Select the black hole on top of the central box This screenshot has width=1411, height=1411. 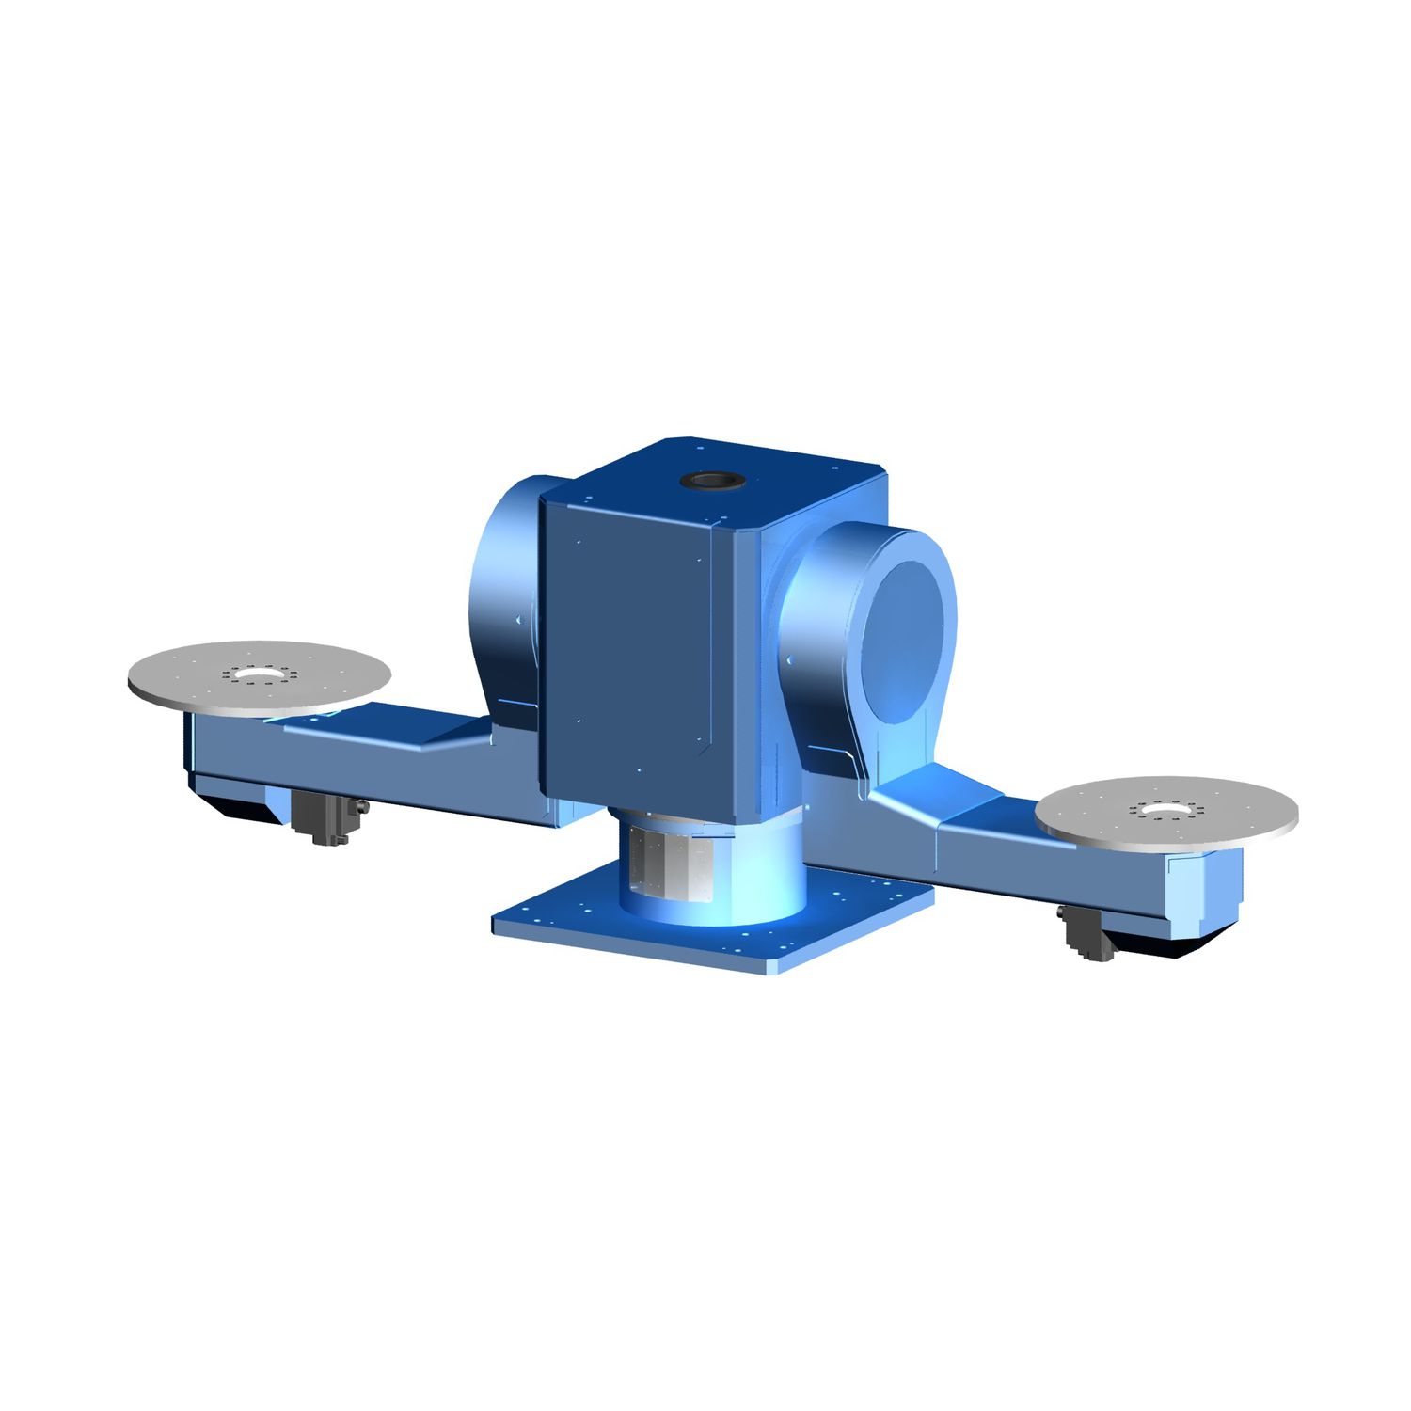(712, 481)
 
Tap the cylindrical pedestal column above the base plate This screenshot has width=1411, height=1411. (715, 865)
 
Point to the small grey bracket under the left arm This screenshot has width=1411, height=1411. (325, 818)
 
